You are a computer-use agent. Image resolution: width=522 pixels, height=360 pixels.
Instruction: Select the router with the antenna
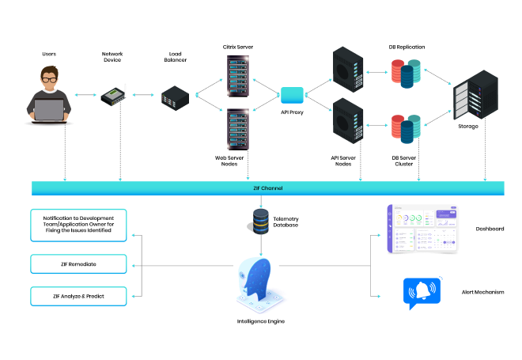114,96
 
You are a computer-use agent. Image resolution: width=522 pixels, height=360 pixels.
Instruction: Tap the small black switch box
175,98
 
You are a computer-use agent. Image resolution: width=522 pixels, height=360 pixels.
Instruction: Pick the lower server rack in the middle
238,129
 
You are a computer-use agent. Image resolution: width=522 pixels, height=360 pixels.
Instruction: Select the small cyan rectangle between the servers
292,96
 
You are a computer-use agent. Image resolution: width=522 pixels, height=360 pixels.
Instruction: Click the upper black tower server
348,70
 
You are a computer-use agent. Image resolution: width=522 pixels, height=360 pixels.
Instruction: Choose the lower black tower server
348,120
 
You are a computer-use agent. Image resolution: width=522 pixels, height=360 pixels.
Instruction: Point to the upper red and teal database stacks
406,73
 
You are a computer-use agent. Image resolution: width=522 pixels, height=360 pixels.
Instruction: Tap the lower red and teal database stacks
406,128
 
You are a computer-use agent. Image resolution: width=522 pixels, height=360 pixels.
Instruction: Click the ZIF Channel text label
268,188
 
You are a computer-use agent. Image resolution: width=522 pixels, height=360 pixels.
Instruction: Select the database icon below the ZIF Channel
260,221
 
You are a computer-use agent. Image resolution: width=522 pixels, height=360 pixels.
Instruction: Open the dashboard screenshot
422,229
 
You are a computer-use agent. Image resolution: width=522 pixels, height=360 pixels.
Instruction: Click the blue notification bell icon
422,291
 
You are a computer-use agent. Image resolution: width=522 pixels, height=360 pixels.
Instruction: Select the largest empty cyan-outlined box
78,225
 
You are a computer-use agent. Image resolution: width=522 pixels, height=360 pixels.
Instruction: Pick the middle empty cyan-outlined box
78,264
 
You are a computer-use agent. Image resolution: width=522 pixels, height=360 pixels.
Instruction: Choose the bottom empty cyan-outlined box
78,297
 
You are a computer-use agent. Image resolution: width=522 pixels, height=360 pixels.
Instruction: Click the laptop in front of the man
49,110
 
